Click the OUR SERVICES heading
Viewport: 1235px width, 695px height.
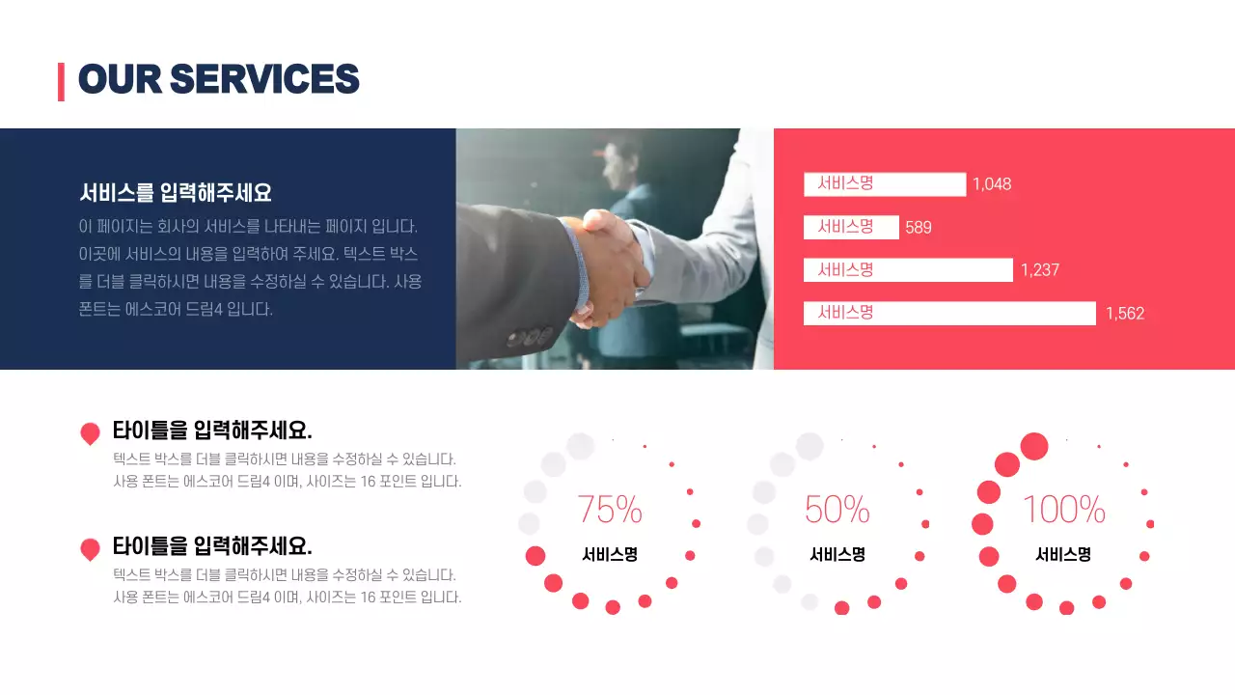click(218, 79)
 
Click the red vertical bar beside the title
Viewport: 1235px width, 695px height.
click(61, 81)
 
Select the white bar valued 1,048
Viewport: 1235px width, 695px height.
click(884, 184)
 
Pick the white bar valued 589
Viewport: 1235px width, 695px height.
click(851, 227)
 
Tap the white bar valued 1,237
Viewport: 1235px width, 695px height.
click(908, 270)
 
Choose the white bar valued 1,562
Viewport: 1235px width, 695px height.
click(949, 313)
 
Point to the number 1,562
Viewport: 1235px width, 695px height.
click(1125, 313)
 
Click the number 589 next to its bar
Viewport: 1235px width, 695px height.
click(919, 228)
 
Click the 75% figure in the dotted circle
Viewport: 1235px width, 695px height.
click(610, 509)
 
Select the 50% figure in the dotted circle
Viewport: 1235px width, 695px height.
click(837, 509)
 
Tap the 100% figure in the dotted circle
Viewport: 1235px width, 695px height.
click(1064, 509)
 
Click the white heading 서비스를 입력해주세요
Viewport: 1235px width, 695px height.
click(176, 193)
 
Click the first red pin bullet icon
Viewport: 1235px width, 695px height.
click(90, 433)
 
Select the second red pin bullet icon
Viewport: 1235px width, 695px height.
click(90, 549)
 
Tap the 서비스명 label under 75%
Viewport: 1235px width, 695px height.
click(610, 555)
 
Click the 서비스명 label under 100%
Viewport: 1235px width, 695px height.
click(1063, 555)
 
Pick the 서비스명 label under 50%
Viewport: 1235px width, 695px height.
click(837, 555)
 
